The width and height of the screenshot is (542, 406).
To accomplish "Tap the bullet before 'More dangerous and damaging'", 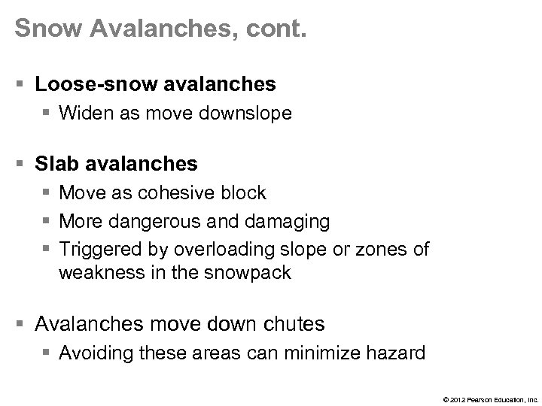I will (x=47, y=221).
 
